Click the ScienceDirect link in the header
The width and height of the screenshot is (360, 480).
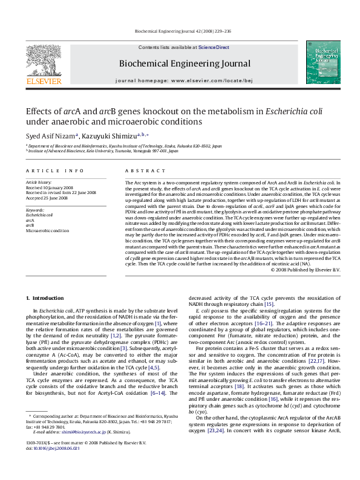click(x=214, y=47)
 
